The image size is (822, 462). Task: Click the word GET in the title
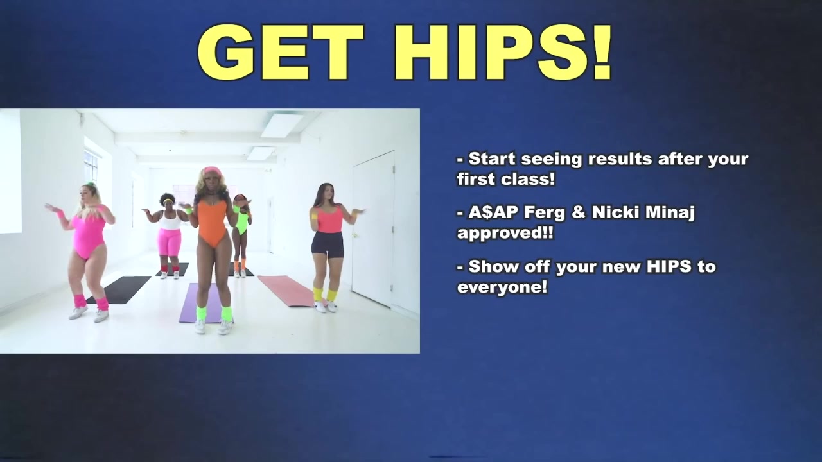click(281, 53)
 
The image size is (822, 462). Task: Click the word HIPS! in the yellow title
click(502, 53)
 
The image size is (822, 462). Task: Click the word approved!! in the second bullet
click(505, 233)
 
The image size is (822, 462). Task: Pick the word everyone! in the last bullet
click(502, 286)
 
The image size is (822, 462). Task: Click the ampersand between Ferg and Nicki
click(579, 212)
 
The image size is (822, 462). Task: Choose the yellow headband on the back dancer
click(168, 201)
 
